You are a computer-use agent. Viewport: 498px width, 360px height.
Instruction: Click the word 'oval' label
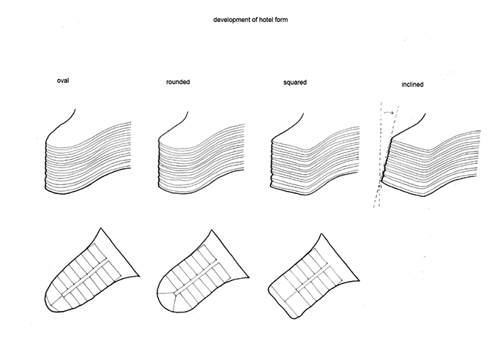[x=63, y=80]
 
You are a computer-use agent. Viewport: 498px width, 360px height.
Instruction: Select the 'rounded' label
[x=178, y=82]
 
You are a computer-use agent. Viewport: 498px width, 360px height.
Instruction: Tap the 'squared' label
[x=294, y=83]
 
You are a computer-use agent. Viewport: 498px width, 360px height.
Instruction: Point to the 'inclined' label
[x=412, y=84]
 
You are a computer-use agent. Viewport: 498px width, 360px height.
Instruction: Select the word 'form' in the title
[x=282, y=20]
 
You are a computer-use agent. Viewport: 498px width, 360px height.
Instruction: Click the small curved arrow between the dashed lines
[x=389, y=112]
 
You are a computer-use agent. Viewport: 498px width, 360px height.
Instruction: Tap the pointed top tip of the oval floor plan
[x=100, y=228]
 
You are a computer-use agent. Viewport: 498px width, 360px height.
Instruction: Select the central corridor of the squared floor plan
[x=313, y=279]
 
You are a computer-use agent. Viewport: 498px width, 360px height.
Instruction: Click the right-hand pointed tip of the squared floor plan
[x=359, y=281]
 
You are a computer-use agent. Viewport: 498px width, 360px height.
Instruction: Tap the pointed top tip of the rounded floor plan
[x=211, y=230]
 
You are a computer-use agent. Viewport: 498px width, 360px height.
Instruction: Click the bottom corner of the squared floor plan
[x=294, y=318]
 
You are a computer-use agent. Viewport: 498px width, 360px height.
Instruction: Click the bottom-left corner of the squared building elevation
[x=271, y=187]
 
